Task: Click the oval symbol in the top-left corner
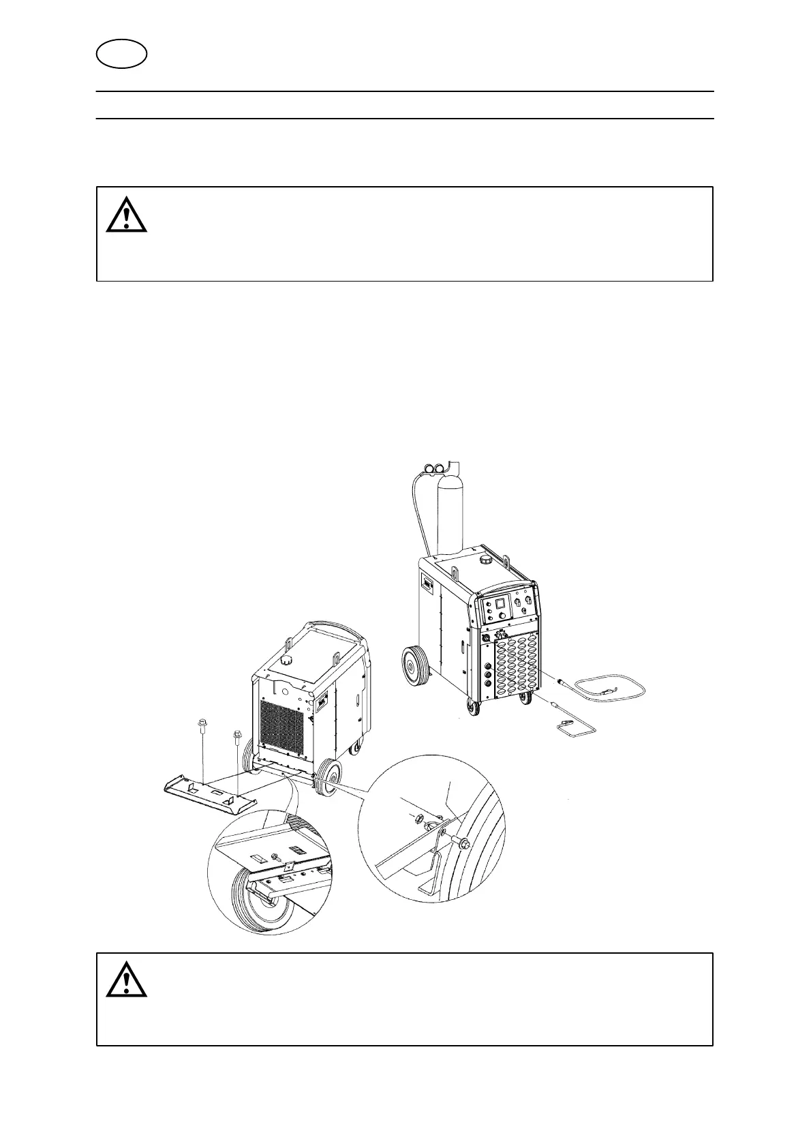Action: point(122,54)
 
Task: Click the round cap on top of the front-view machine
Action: point(487,560)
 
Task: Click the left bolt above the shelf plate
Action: point(202,725)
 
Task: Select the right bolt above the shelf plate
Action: point(237,736)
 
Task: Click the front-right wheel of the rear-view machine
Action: point(328,777)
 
